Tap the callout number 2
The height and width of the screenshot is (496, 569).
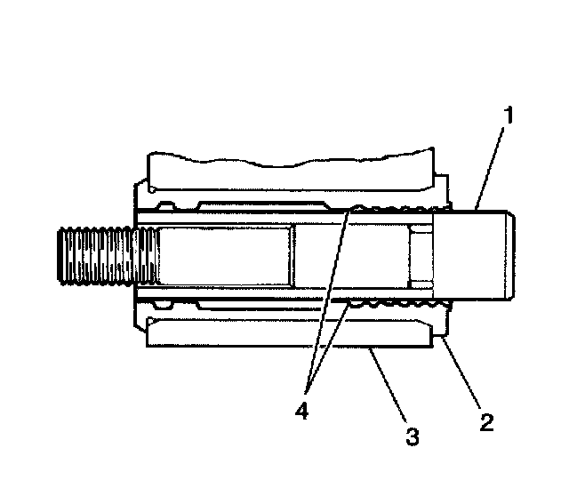point(485,421)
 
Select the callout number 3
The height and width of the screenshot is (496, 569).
point(411,436)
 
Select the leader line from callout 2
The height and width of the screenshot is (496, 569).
point(463,373)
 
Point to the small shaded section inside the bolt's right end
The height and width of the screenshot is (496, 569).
point(421,257)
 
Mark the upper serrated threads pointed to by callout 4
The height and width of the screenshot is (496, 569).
point(391,210)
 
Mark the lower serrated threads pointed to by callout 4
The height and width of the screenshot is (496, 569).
point(391,305)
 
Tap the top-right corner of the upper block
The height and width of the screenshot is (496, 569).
point(436,156)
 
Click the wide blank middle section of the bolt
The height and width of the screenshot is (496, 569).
point(222,257)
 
